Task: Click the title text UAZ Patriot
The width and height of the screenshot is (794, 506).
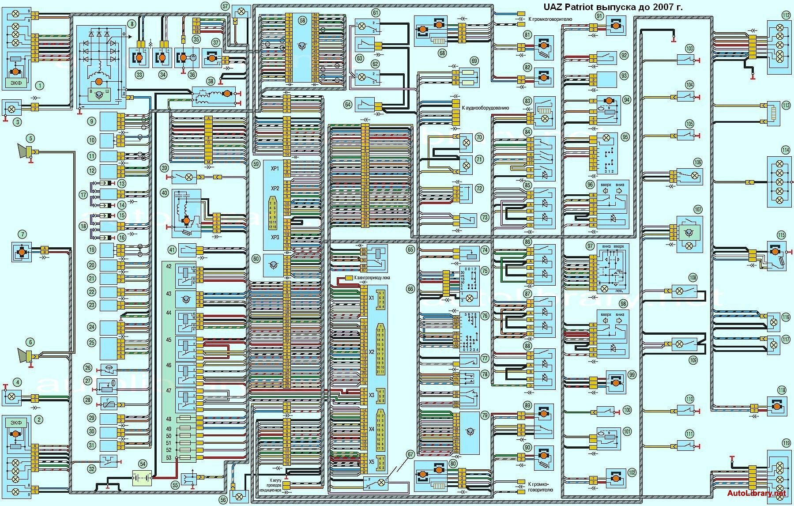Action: coord(569,7)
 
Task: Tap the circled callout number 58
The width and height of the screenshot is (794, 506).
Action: coord(302,20)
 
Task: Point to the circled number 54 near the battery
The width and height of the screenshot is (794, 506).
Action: coord(143,464)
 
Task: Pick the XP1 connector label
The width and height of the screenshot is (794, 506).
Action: coord(275,169)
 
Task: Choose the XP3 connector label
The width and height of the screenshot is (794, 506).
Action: coord(275,237)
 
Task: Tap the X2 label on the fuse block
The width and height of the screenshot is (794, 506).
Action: coord(371,352)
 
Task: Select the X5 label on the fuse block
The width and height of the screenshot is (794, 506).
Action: coord(371,462)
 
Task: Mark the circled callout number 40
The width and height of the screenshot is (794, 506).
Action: coord(165,193)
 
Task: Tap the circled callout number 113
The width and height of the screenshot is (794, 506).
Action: coord(786,106)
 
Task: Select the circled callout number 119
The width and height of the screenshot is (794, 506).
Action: coord(786,443)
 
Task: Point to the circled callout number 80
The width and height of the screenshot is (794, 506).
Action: coord(453,464)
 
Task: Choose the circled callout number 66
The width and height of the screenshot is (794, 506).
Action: coord(410,289)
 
